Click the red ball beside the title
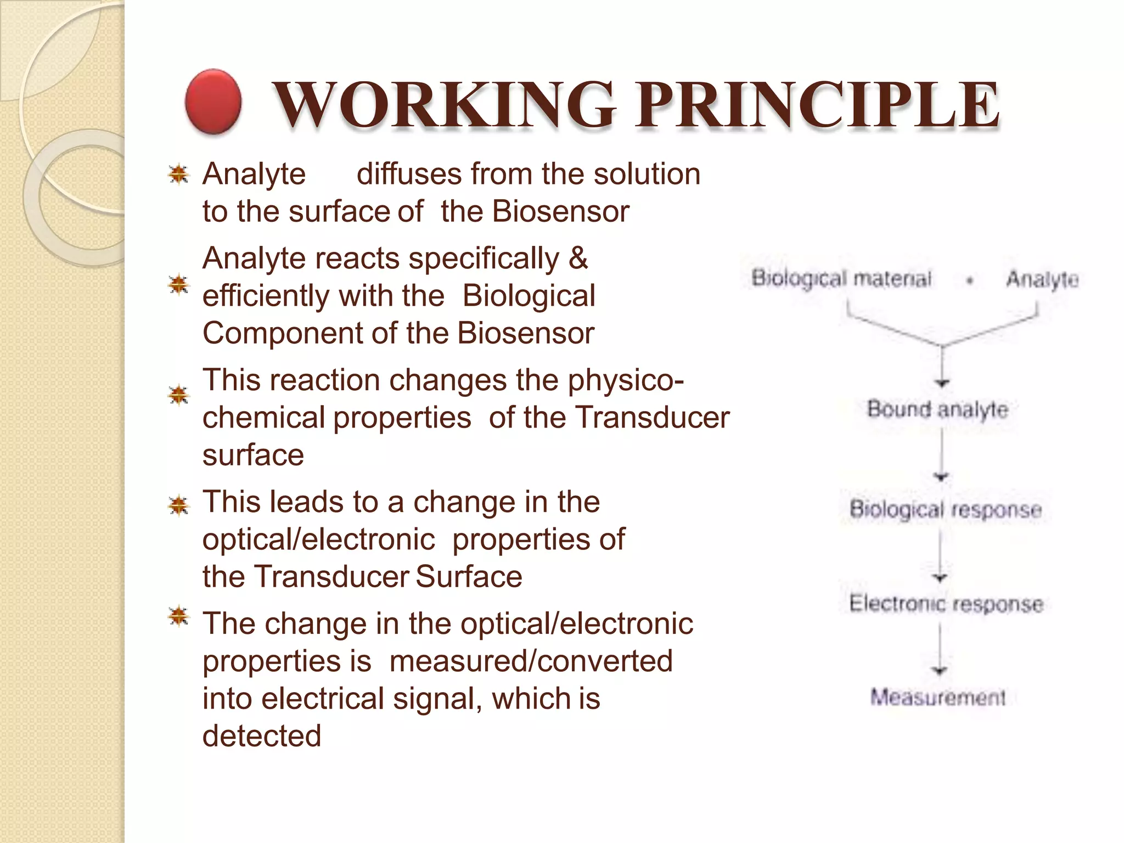coord(213,102)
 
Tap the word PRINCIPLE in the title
coord(818,104)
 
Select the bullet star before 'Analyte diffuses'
coord(178,175)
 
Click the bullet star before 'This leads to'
coord(178,505)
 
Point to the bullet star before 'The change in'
coord(178,617)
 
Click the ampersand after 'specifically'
coord(578,258)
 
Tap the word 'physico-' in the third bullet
coord(626,380)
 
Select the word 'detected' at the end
coord(262,735)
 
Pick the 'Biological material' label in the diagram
coord(841,278)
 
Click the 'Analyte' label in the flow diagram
coord(1042,279)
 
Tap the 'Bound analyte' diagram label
coord(937,409)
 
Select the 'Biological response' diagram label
coord(945,509)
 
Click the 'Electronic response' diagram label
coord(946,604)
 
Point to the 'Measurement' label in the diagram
coord(938,698)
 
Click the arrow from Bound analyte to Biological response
coord(941,456)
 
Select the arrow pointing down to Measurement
coord(940,650)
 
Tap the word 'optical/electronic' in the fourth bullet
coord(318,539)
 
